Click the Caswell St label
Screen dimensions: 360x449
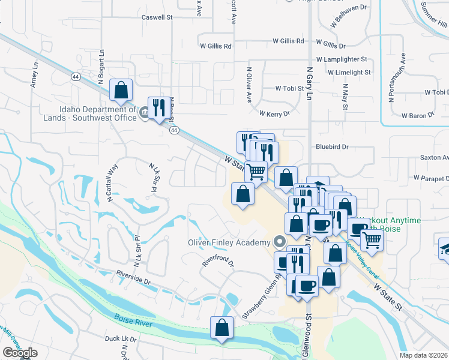tap(157, 17)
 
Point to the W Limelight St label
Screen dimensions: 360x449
tap(349, 72)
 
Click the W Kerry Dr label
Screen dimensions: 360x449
tap(274, 113)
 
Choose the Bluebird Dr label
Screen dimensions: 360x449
tap(332, 146)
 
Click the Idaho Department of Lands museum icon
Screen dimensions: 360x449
tap(144, 113)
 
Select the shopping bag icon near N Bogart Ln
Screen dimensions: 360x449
tap(121, 91)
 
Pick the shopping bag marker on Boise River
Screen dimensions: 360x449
tap(221, 328)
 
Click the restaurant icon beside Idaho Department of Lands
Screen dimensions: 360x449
tap(158, 108)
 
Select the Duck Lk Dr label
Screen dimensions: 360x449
tap(121, 339)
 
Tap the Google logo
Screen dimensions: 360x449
tap(20, 353)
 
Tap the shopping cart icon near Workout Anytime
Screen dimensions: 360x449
tap(372, 240)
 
